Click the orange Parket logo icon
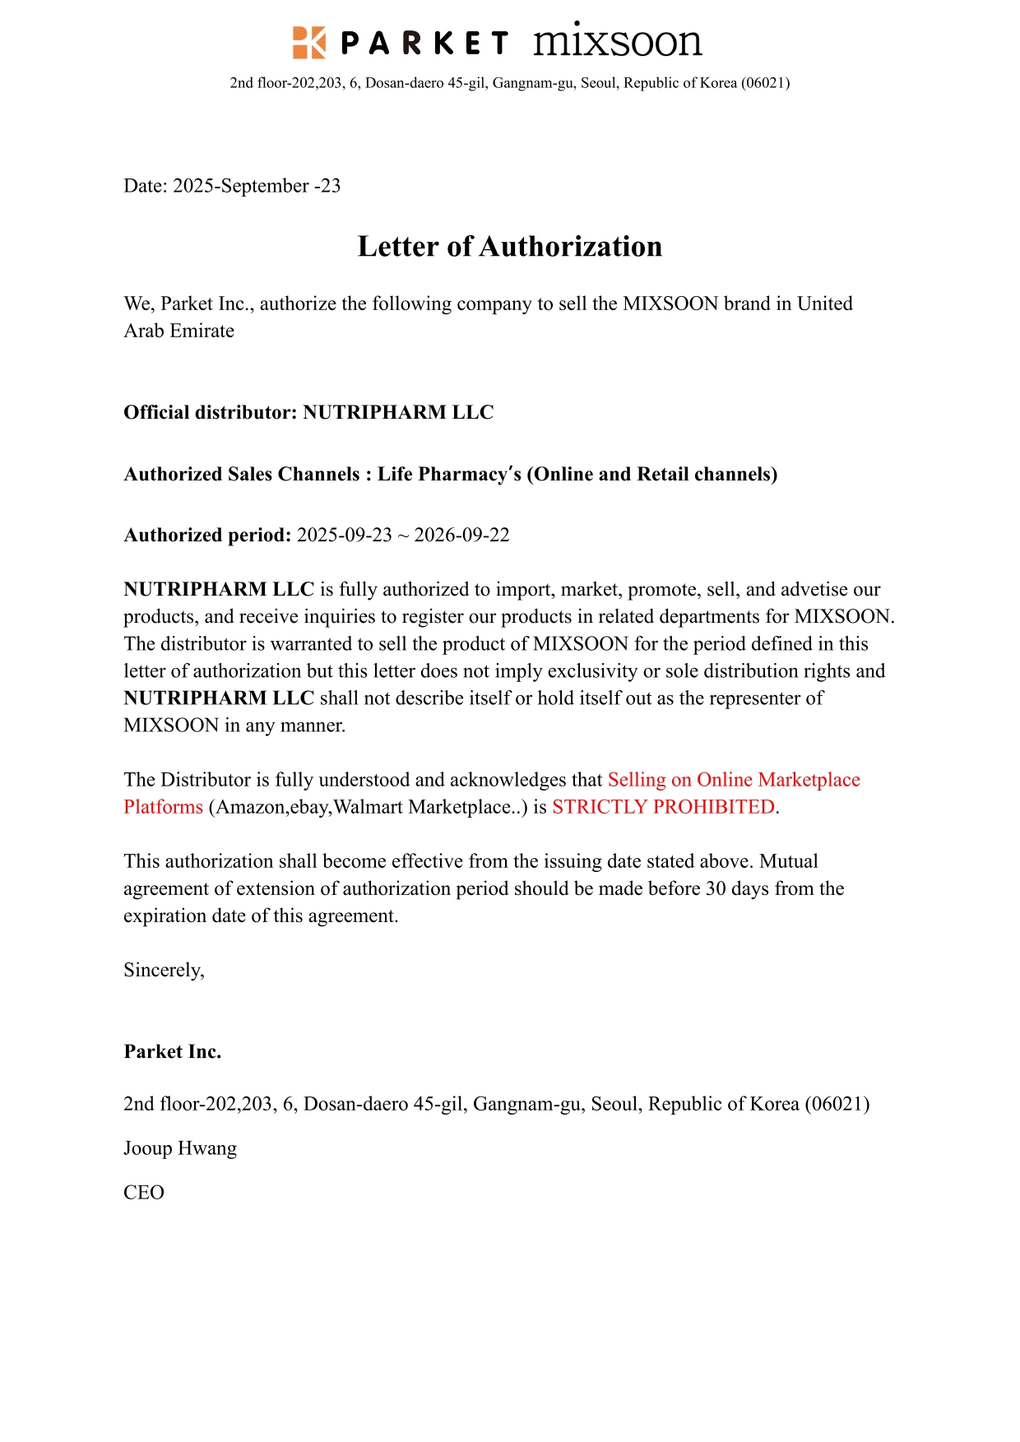pos(308,42)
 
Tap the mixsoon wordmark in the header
pos(617,42)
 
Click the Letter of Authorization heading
pos(509,246)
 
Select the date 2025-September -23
pos(257,186)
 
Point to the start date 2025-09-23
pos(344,536)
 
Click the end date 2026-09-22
pos(461,536)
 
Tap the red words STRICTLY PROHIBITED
pos(663,807)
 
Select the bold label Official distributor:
pos(210,412)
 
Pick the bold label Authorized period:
pos(207,536)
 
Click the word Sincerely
pos(162,971)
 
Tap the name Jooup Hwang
pos(180,1148)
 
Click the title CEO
pos(144,1193)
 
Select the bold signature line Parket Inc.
pos(173,1051)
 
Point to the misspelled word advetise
pos(813,590)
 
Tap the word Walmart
pos(369,807)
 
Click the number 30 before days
pos(716,888)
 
